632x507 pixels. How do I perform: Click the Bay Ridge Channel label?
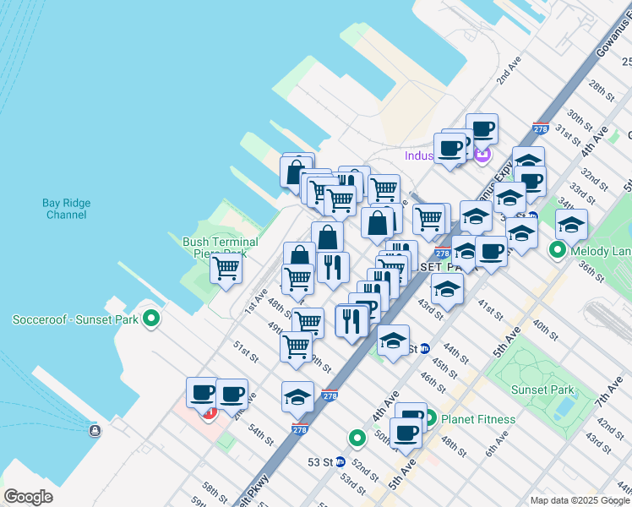point(64,209)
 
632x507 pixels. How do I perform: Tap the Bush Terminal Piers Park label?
point(221,247)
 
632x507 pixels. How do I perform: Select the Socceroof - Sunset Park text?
point(74,319)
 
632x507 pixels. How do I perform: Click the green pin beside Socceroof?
point(151,319)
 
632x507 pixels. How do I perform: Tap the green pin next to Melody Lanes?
point(558,250)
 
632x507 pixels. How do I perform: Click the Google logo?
point(28,497)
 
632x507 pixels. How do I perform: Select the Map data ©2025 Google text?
point(580,500)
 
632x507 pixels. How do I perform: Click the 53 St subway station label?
point(320,462)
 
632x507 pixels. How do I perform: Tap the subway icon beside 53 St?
point(340,462)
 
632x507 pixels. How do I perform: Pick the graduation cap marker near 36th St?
point(571,225)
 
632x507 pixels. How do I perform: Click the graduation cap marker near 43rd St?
point(448,289)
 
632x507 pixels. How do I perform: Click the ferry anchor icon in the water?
point(94,431)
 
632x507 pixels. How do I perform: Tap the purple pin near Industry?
point(482,155)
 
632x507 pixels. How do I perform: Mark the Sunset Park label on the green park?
point(542,390)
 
